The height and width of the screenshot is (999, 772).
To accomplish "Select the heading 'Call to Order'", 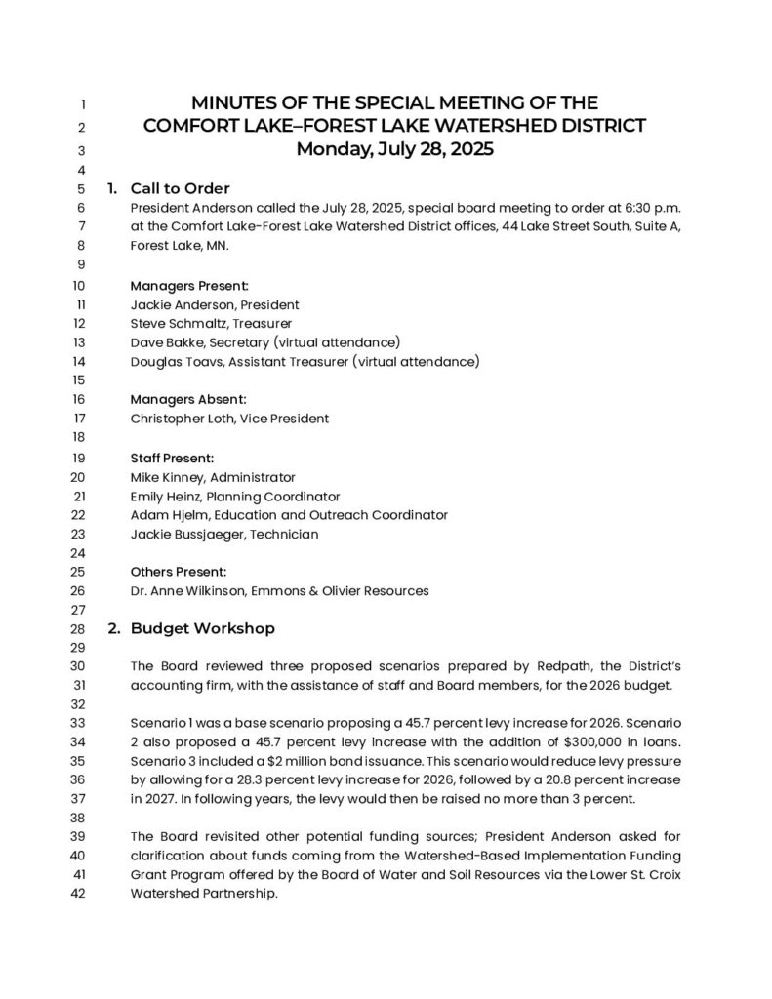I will coord(180,188).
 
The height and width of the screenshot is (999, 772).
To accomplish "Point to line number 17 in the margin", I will coord(80,419).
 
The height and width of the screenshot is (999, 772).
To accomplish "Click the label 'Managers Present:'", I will coord(189,286).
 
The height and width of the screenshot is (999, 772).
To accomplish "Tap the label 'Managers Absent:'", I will coord(188,399).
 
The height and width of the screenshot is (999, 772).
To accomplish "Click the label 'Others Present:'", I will coord(179,572).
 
